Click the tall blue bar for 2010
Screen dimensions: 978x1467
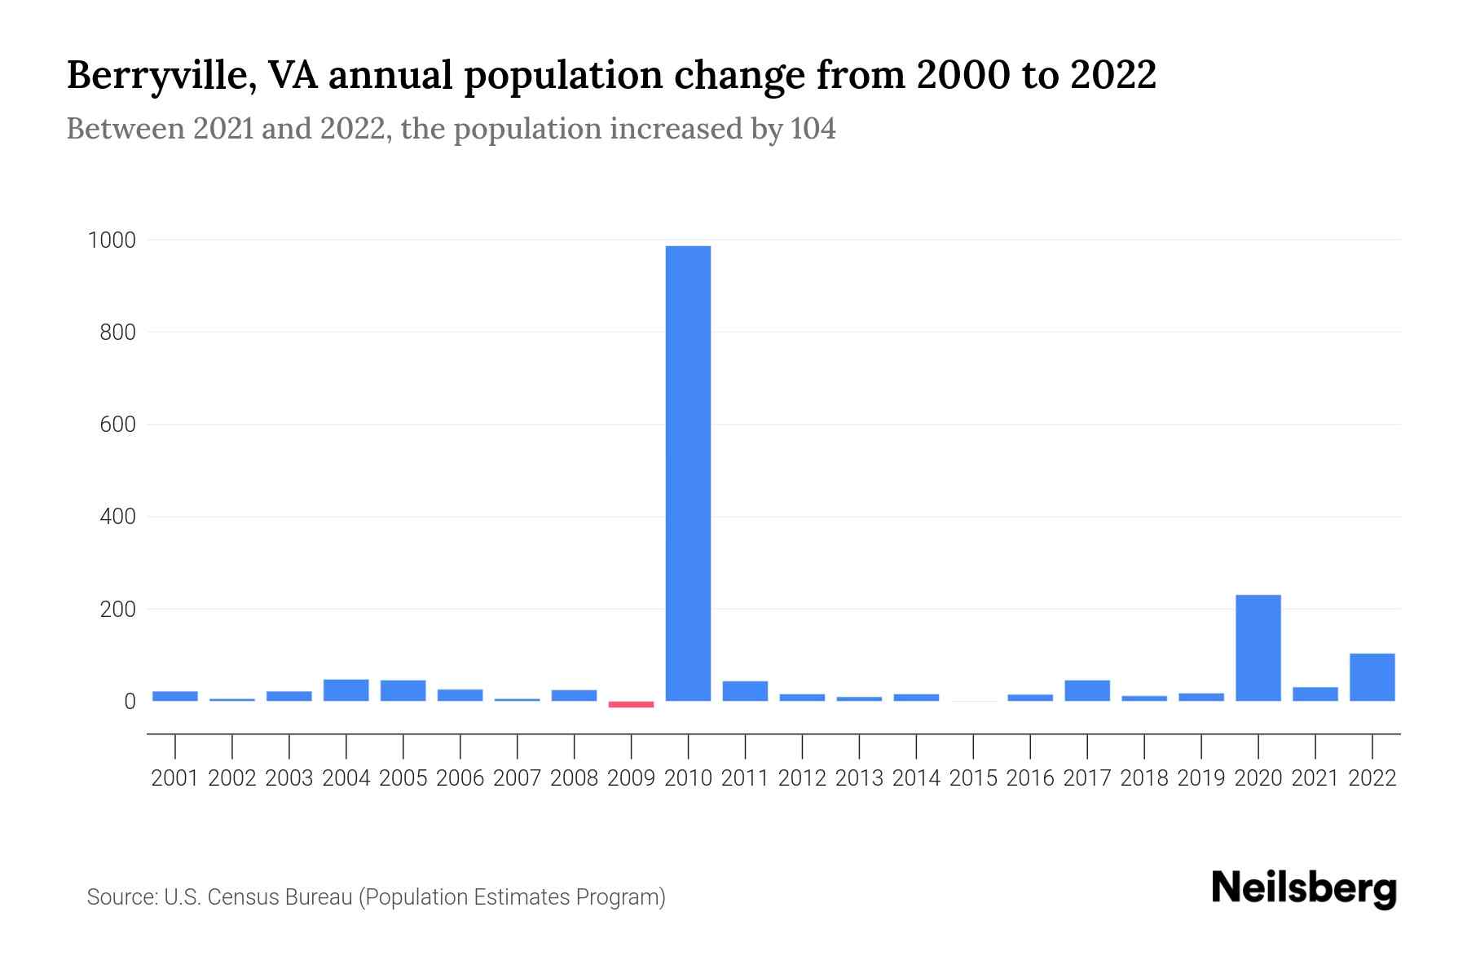688,473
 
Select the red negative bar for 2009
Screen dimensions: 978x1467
631,704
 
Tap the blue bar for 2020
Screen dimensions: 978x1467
1258,648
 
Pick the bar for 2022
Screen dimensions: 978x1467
1372,677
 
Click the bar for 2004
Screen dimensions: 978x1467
346,690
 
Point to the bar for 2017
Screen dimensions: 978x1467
1086,690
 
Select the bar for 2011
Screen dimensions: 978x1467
745,691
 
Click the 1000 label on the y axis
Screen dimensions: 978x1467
112,240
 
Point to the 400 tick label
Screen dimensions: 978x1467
118,517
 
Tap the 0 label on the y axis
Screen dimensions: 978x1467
130,701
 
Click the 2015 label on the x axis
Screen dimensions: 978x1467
973,778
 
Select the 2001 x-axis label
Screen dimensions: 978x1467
175,778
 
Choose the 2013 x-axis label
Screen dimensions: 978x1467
859,778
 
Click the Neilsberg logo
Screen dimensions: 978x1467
1304,888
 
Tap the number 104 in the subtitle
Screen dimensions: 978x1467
813,129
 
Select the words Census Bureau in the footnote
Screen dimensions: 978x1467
280,897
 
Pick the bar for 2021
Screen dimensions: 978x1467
1315,694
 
